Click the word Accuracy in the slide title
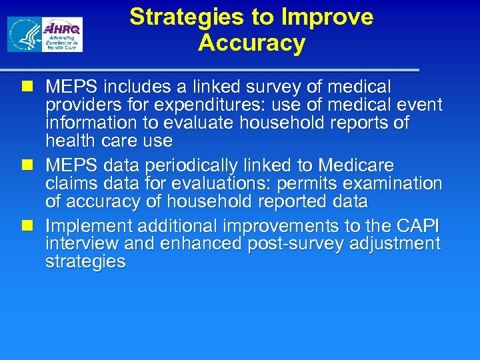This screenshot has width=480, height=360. click(x=251, y=43)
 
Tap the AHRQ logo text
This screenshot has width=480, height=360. click(x=63, y=29)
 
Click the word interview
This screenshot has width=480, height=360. click(x=83, y=244)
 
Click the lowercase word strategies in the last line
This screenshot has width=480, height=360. click(x=85, y=262)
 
